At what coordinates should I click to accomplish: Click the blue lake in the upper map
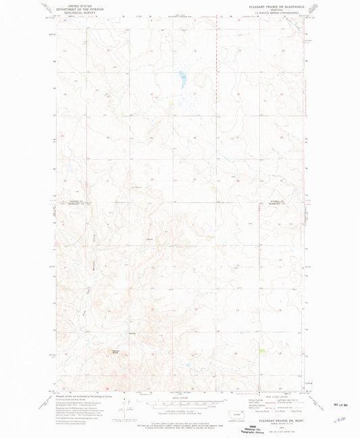(x=181, y=80)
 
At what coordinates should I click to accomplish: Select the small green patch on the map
(x=262, y=350)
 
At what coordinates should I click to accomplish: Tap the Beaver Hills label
(x=115, y=352)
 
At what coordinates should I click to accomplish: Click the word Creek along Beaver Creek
(x=95, y=241)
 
